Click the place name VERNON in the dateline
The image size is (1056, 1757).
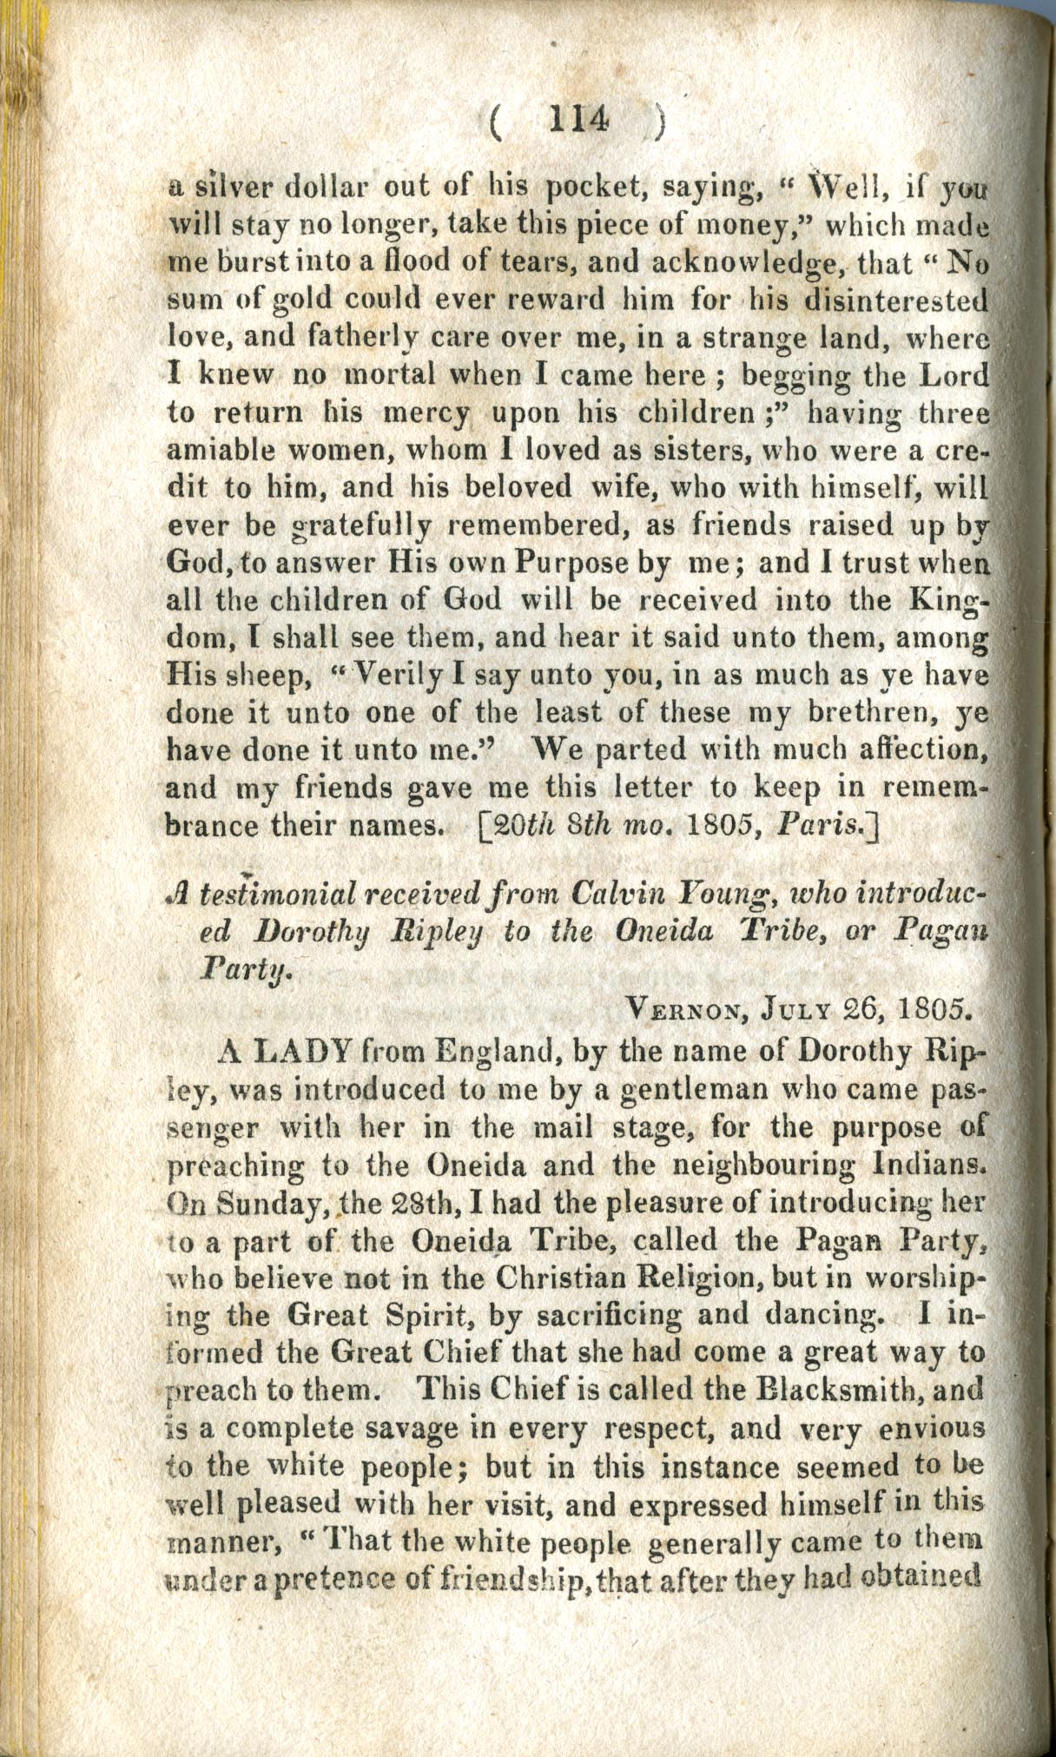click(x=689, y=1012)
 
